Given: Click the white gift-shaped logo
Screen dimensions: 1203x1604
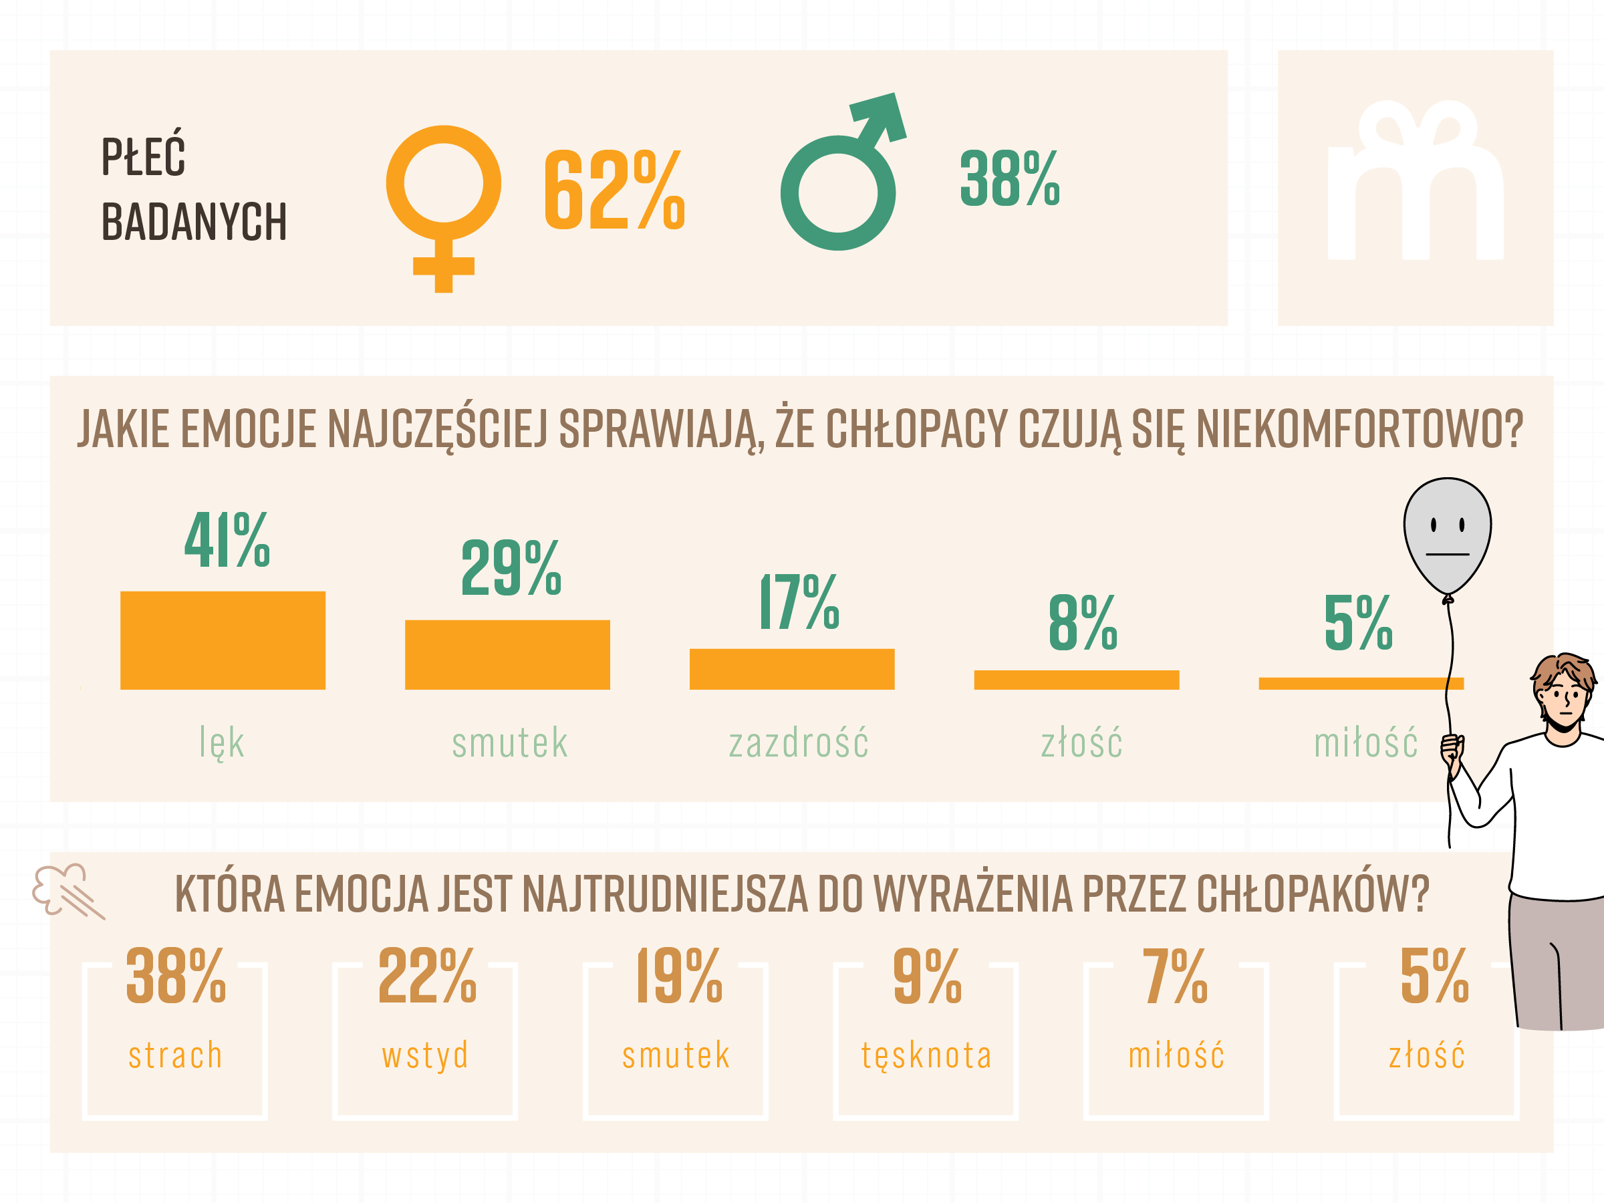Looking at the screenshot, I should click(1415, 181).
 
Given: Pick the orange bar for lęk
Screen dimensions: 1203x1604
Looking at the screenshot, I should click(223, 640).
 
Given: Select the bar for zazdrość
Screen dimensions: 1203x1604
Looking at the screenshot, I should click(792, 668).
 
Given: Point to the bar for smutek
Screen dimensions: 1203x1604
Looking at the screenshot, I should click(507, 655).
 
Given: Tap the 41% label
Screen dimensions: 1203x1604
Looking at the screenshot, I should click(227, 540).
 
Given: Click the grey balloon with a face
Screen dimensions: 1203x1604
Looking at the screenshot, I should click(1448, 537).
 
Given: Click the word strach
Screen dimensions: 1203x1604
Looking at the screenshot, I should click(176, 1055).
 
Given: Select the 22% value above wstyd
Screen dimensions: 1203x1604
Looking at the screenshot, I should click(427, 976).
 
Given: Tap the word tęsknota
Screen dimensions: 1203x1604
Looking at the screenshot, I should click(926, 1056).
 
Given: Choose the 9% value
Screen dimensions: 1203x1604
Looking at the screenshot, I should click(927, 976).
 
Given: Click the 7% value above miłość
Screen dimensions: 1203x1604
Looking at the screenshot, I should click(1176, 976).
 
